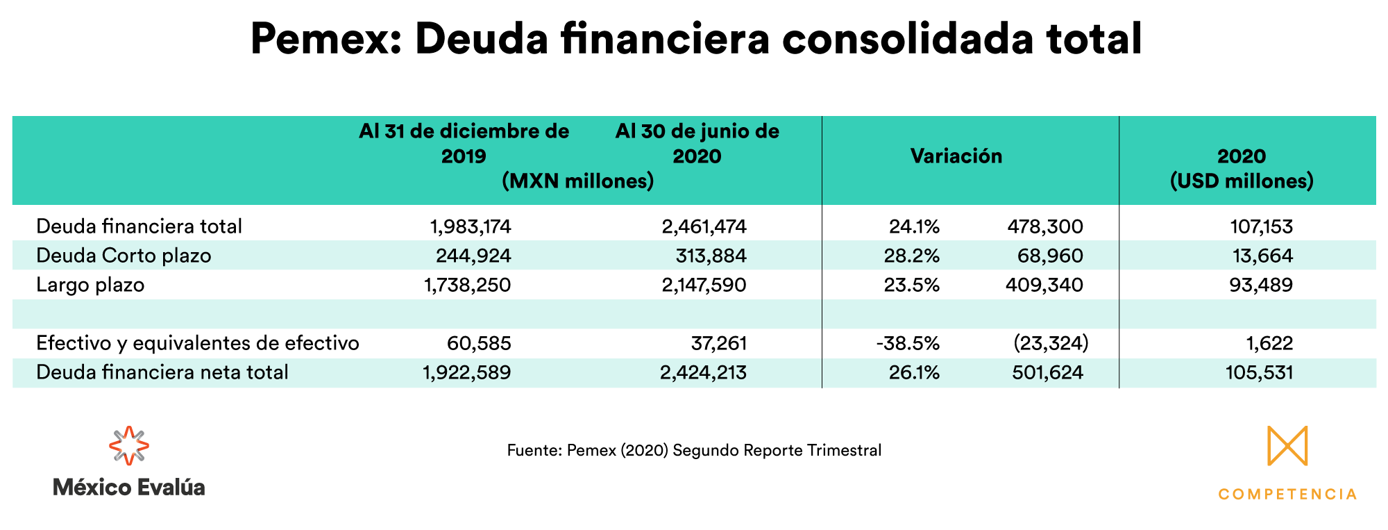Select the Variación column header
pos(956,156)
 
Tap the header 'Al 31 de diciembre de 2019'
pos(464,143)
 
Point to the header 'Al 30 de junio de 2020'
pos(697,143)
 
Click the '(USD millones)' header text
pos(1242,181)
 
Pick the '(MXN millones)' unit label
pos(578,181)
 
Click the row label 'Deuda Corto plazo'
pos(124,256)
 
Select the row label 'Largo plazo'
pos(90,285)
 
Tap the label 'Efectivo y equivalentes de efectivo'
pos(198,343)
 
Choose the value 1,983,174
pos(470,226)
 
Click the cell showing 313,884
pos(711,256)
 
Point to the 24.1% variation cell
pos(914,226)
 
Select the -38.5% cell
pos(908,343)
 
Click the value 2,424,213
pos(703,372)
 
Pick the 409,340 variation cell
pos(1044,285)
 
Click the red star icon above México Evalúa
pos(129,445)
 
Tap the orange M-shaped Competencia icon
pos(1287,445)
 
